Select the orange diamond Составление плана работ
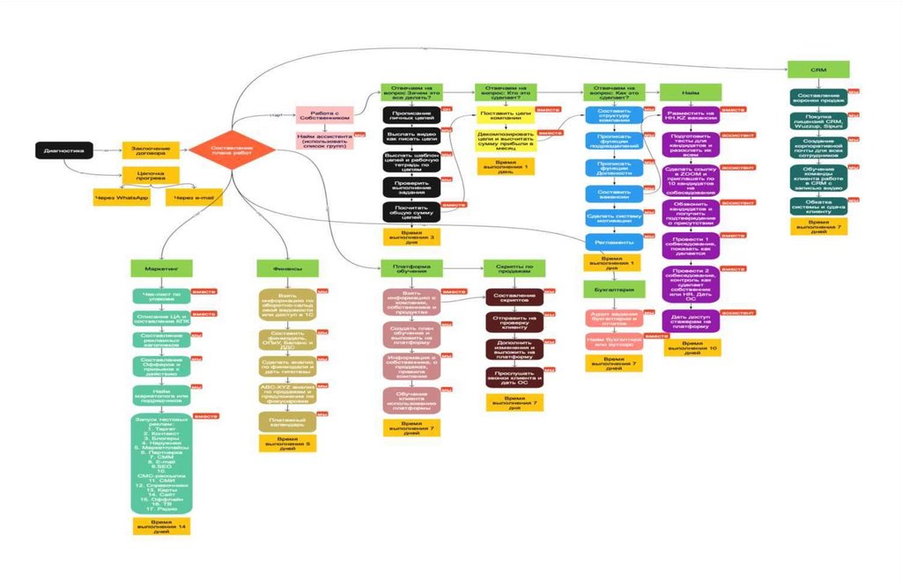tap(233, 150)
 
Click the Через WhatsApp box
tap(122, 198)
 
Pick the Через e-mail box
tap(194, 198)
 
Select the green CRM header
tap(818, 69)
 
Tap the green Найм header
tap(691, 91)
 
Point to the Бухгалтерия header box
tap(611, 289)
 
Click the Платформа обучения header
tap(410, 267)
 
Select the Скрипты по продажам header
tap(514, 267)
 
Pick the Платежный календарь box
tap(286, 421)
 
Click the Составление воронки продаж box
tap(818, 98)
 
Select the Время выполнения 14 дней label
tap(161, 527)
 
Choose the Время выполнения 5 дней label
tap(286, 443)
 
